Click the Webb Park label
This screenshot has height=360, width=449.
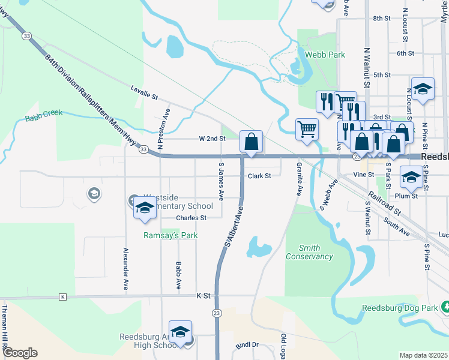325,55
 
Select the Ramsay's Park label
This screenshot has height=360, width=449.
170,236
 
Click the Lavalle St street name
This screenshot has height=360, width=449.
144,92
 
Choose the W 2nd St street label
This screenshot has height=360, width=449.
212,139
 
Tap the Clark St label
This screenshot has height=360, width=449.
259,176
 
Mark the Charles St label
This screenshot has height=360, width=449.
191,218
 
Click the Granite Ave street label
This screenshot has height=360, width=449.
298,179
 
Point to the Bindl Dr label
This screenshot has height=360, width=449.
247,345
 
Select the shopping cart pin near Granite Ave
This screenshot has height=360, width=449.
307,128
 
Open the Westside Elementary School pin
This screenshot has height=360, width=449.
144,208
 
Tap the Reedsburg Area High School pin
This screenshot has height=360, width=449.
180,332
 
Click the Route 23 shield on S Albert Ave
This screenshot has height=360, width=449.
217,313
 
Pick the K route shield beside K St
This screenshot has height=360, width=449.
62,297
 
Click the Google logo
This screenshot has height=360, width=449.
20,353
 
